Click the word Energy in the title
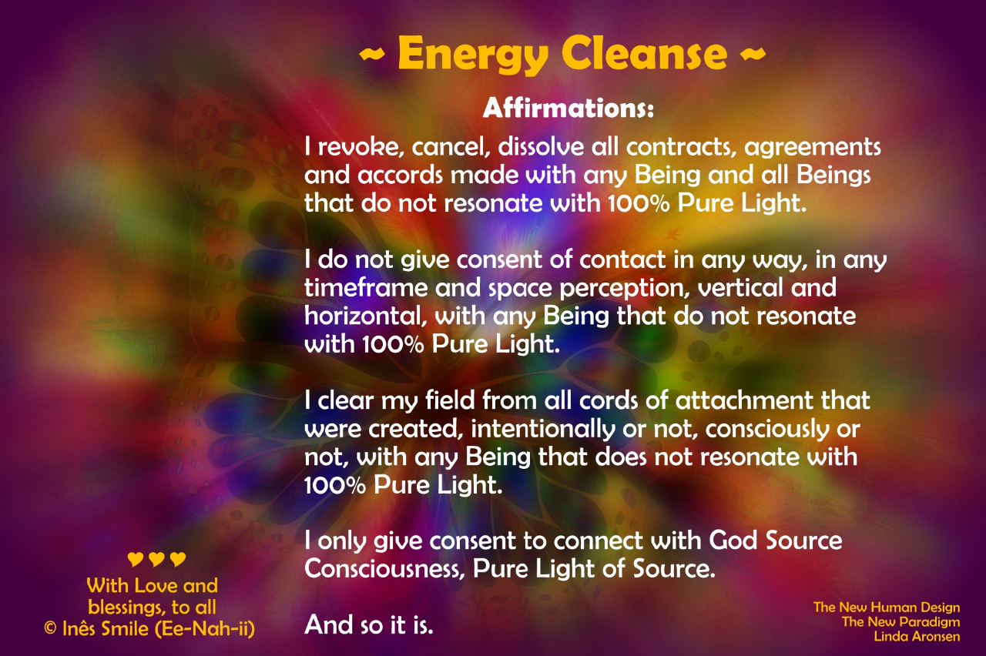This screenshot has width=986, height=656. (x=473, y=55)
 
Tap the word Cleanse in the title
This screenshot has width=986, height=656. (x=644, y=52)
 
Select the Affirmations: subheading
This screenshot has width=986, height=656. (x=568, y=109)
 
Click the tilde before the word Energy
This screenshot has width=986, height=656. (x=372, y=54)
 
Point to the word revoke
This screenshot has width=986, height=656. (x=361, y=147)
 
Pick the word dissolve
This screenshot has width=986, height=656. (x=541, y=147)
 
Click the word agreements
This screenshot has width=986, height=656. (x=812, y=148)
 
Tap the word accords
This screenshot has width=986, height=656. (x=400, y=175)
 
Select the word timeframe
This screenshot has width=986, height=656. (x=366, y=288)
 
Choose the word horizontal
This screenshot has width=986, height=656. (x=365, y=316)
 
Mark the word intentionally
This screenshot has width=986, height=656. (x=543, y=430)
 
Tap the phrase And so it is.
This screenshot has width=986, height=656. (x=369, y=624)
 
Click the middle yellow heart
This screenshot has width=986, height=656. (x=156, y=559)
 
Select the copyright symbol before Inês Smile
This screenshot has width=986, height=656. (x=50, y=629)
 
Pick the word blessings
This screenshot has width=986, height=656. (x=127, y=608)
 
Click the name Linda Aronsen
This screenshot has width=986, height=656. (x=917, y=636)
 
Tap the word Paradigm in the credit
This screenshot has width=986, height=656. (x=930, y=622)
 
